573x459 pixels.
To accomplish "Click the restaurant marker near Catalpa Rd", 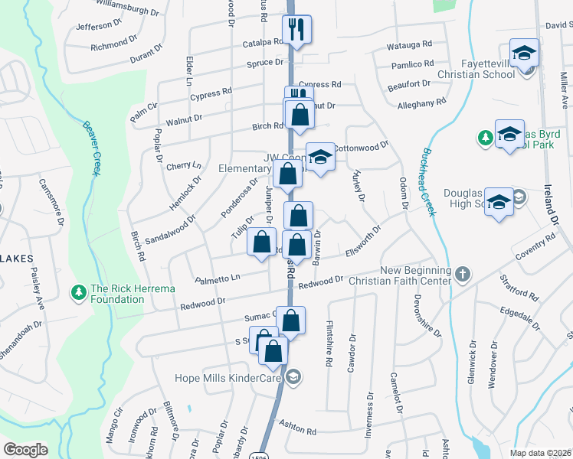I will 296,30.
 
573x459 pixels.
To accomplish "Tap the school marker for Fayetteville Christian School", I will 526,54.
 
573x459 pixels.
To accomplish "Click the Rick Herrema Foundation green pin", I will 77,292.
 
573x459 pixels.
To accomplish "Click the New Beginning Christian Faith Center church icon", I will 462,273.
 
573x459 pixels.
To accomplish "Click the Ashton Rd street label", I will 298,430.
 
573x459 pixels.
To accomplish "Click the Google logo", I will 25,450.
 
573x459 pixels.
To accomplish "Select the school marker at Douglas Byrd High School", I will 499,203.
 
